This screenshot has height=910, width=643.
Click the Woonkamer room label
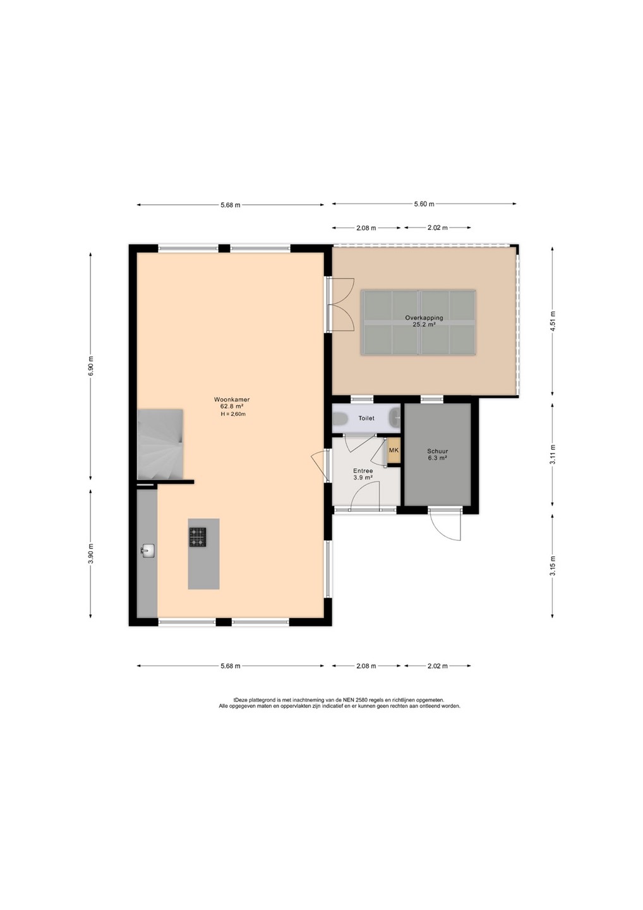pyautogui.click(x=232, y=399)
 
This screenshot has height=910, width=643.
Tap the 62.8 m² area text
pyautogui.click(x=232, y=406)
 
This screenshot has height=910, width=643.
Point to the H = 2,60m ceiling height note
pyautogui.click(x=233, y=414)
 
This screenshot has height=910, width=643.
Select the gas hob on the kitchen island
pyautogui.click(x=197, y=537)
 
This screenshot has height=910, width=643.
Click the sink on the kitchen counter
pyautogui.click(x=148, y=551)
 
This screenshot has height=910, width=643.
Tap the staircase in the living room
pyautogui.click(x=160, y=444)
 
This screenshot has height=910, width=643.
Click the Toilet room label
pyautogui.click(x=366, y=418)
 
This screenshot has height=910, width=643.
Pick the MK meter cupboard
pyautogui.click(x=394, y=450)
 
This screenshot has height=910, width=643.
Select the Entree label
pyautogui.click(x=363, y=471)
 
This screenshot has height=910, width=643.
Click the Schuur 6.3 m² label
pyautogui.click(x=437, y=454)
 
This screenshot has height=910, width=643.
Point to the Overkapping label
pyautogui.click(x=424, y=318)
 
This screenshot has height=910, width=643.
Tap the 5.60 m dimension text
pyautogui.click(x=424, y=204)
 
